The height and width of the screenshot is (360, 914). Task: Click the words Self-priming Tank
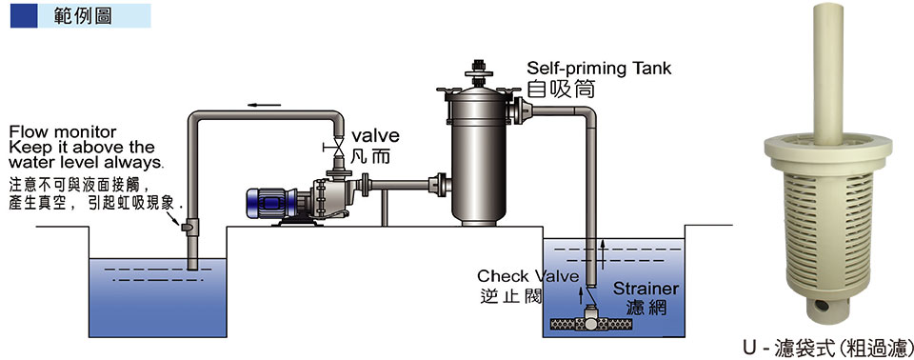(x=599, y=69)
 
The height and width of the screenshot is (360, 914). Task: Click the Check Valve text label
(x=528, y=275)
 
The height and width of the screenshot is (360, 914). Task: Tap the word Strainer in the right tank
(x=646, y=289)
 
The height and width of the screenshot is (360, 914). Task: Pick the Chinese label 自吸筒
(x=561, y=89)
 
